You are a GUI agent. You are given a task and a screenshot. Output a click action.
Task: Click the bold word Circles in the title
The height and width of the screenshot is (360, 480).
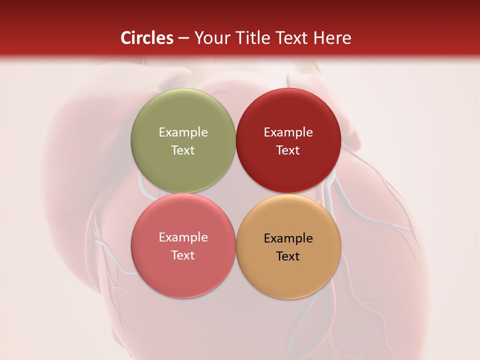(x=146, y=38)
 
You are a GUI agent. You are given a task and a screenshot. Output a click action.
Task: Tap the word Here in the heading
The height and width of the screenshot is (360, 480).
(x=332, y=38)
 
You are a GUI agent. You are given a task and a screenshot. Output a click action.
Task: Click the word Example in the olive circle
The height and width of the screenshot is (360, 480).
(x=183, y=132)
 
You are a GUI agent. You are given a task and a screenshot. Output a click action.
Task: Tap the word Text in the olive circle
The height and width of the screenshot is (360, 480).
(x=183, y=150)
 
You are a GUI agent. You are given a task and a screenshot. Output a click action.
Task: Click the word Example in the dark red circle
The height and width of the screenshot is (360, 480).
(x=288, y=132)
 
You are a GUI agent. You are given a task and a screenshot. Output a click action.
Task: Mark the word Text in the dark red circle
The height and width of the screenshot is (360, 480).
(x=288, y=150)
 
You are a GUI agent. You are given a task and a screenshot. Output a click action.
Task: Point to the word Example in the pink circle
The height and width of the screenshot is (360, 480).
(x=183, y=237)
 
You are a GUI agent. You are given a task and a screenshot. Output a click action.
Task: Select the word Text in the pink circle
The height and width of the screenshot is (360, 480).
(x=183, y=255)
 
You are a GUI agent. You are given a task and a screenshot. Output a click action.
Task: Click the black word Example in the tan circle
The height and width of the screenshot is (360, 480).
(x=288, y=238)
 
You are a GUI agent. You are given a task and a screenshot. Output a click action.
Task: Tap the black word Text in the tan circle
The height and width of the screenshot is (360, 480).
(x=288, y=256)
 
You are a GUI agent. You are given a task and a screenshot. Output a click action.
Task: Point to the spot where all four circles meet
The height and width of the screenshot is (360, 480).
(x=235, y=193)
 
